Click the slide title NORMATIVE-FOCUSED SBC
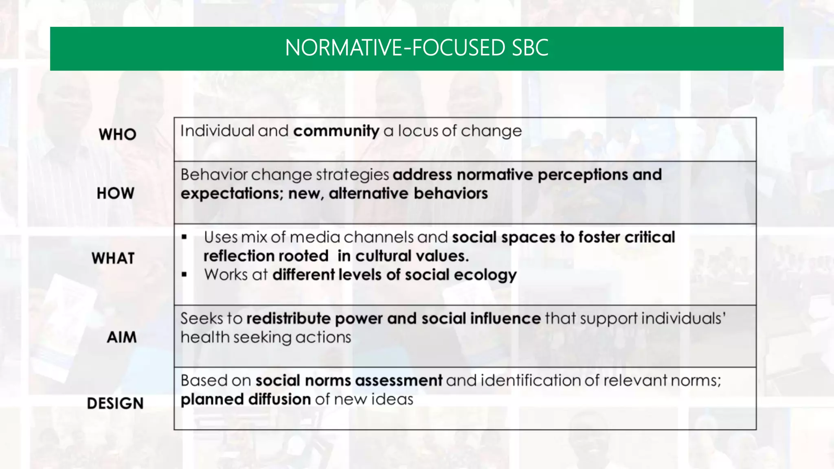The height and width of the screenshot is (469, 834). (x=417, y=48)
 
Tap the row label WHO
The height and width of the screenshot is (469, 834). (x=117, y=134)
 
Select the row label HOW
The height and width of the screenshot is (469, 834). (x=115, y=193)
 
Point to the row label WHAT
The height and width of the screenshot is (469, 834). (x=113, y=259)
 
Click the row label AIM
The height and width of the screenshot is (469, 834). (x=121, y=337)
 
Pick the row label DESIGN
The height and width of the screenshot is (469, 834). (x=115, y=403)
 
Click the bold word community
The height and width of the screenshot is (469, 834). (x=336, y=131)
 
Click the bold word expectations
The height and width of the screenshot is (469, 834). (x=232, y=194)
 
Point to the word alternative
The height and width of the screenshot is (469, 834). (x=369, y=193)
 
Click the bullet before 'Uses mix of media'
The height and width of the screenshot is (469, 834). (x=184, y=237)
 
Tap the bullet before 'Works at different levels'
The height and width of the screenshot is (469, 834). (x=184, y=275)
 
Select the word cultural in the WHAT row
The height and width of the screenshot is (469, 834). (x=380, y=256)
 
